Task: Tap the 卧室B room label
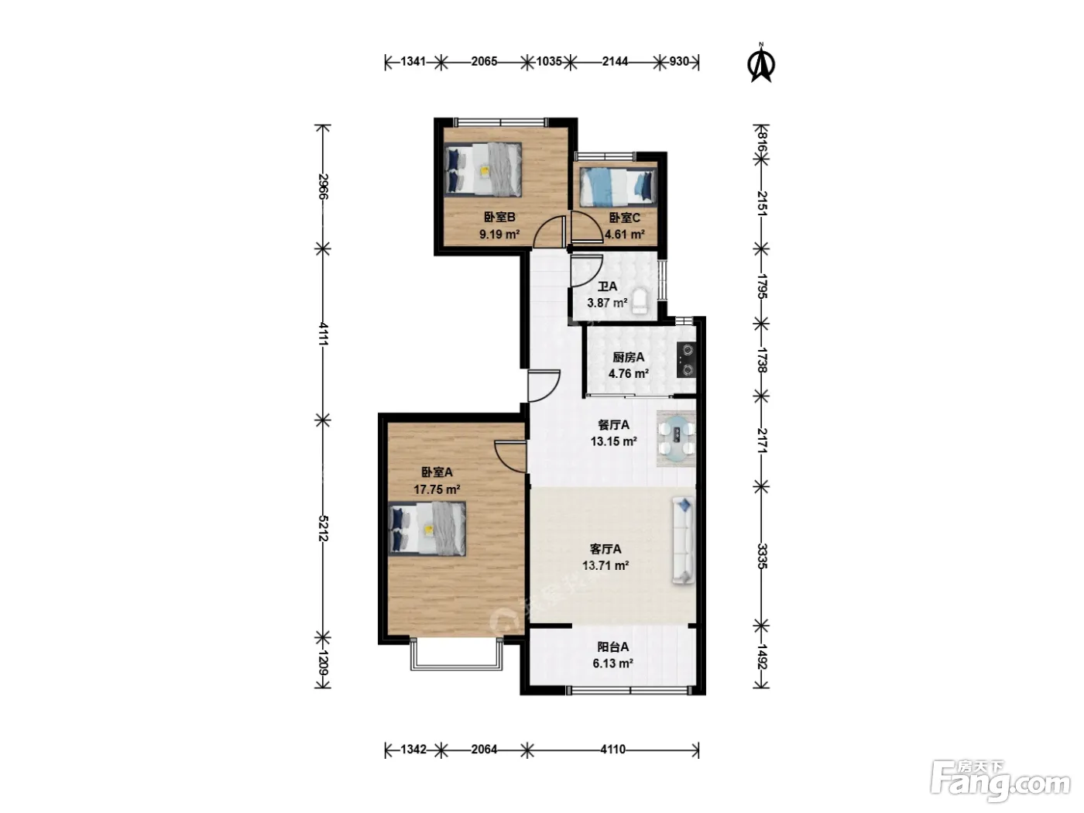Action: tap(499, 218)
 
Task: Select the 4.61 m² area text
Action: tap(625, 235)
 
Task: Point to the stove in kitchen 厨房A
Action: tap(687, 359)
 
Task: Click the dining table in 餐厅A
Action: tap(676, 437)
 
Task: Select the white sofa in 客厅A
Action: tap(683, 540)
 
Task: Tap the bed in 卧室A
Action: tap(427, 529)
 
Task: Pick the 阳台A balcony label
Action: tap(613, 647)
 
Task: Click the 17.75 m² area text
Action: tap(437, 489)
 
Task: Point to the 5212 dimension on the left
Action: tap(323, 528)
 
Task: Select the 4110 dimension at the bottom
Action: tap(613, 750)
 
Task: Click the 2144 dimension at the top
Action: tap(615, 61)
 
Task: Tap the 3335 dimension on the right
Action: tap(762, 556)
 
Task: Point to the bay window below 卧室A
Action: tap(456, 654)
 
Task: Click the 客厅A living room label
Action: tap(605, 549)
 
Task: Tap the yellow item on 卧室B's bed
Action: tap(485, 171)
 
